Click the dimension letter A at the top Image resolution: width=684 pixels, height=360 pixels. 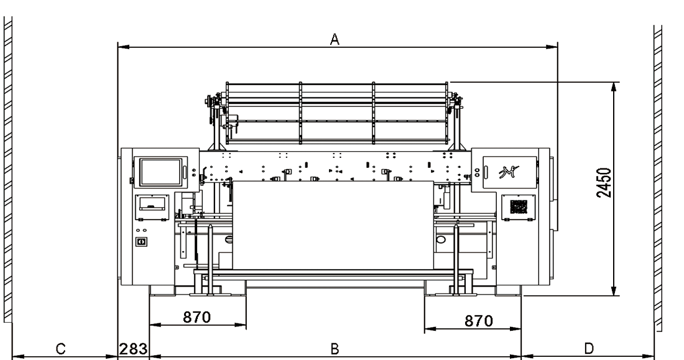click(x=335, y=39)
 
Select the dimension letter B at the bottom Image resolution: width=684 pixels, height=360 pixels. click(x=335, y=349)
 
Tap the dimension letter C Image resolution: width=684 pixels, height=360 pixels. click(x=61, y=349)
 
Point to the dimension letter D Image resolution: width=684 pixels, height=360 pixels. click(x=589, y=349)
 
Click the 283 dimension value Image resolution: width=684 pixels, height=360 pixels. click(x=134, y=349)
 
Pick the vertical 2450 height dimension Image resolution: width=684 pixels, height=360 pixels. click(x=604, y=182)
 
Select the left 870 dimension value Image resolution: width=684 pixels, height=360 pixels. click(x=196, y=317)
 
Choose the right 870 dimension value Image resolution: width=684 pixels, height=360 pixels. click(x=479, y=321)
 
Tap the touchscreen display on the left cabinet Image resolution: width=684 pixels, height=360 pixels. click(x=160, y=172)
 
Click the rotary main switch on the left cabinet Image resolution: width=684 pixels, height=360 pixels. click(x=141, y=241)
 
